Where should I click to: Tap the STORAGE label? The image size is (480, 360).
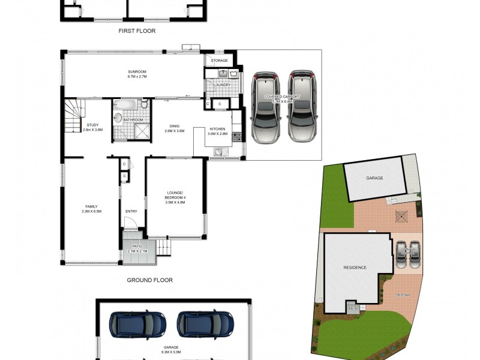coord(219,61)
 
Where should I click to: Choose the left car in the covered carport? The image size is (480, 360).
coord(265,107)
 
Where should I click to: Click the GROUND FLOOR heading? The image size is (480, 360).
coord(149,280)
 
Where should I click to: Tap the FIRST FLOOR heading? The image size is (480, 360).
coord(137,31)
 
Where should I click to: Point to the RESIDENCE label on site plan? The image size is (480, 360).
coord(355,267)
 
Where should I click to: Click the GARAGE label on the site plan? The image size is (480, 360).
coord(374,178)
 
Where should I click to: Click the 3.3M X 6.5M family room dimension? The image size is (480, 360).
coord(92,211)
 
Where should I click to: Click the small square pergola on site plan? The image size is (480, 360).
coord(401,215)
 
